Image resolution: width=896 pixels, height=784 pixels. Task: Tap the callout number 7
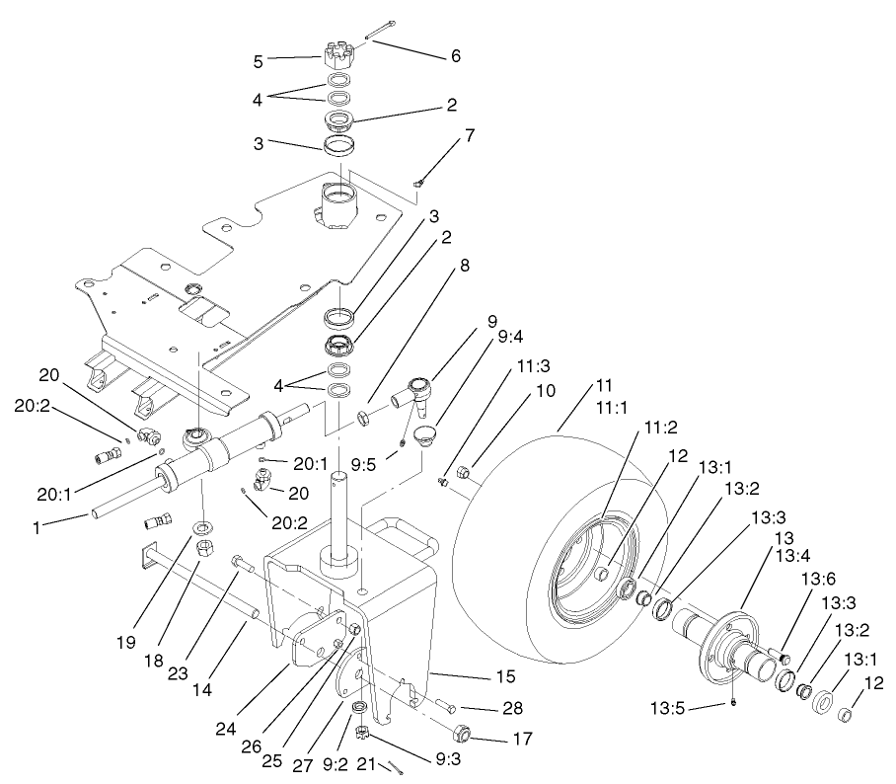point(470,136)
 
